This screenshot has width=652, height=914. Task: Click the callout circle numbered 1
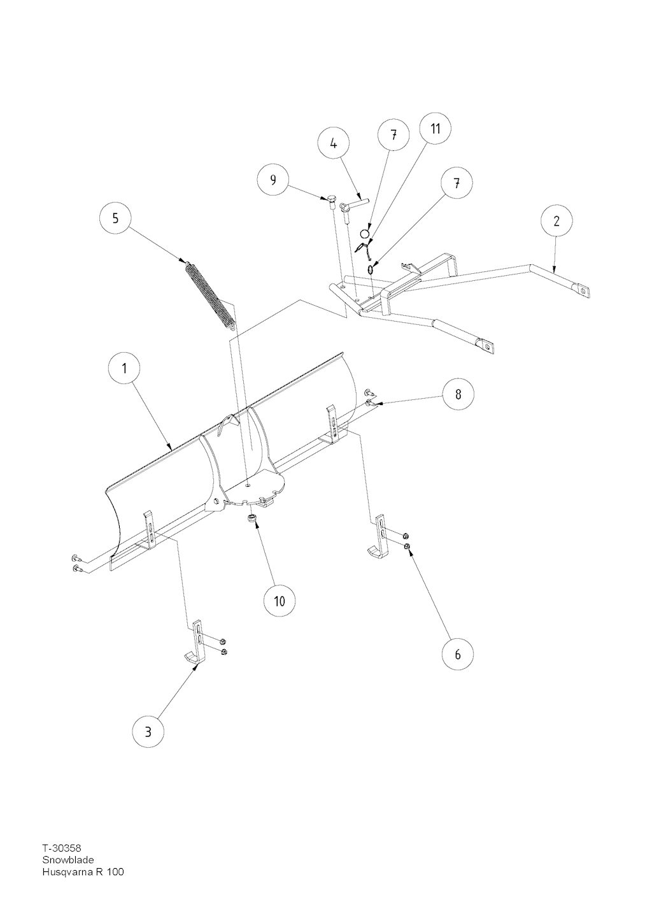124,368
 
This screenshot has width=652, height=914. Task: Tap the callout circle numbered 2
556,220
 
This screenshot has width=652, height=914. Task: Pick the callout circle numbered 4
334,145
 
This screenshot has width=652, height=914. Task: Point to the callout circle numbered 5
115,218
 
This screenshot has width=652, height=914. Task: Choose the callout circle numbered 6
457,654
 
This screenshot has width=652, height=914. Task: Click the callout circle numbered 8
458,394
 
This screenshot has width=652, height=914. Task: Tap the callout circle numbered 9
273,180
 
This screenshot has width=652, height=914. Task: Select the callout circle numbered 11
436,128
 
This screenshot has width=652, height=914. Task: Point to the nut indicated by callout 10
252,518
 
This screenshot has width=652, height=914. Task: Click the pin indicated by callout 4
357,202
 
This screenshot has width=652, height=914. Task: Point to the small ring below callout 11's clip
371,269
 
